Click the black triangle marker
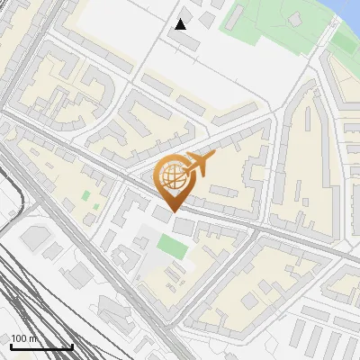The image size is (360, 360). (181, 24)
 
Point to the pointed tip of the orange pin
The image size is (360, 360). (174, 211)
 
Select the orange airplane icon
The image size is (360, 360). (199, 165)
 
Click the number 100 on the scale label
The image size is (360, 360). (19, 338)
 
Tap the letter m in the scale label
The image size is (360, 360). (33, 338)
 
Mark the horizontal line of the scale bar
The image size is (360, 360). (41, 346)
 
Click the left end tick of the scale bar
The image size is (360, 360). (11, 345)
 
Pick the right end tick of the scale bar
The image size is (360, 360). (72, 345)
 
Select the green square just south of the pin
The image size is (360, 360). (171, 246)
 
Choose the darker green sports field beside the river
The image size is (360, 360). (345, 40)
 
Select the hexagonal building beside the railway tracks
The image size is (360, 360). (37, 238)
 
